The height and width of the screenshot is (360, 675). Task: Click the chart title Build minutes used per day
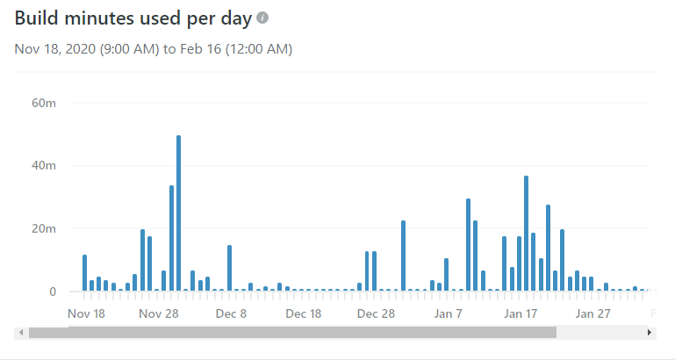pos(133,18)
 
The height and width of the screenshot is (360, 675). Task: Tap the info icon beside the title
pos(262,18)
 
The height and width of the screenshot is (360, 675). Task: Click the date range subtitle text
pos(153,49)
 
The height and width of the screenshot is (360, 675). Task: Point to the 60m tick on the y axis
pos(44,103)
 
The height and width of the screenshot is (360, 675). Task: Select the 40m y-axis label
pos(44,166)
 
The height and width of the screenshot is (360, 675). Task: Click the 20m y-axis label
pos(44,229)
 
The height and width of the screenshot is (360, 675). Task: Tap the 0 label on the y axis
pos(53,292)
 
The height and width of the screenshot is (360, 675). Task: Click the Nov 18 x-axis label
pos(86,313)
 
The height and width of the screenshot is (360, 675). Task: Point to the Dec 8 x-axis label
pos(231,313)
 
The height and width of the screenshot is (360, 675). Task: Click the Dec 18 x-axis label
pos(304,313)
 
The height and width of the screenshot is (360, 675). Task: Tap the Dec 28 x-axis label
pos(376,313)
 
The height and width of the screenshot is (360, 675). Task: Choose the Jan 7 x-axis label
pos(448,313)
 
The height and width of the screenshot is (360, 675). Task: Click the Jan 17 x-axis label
pos(521,313)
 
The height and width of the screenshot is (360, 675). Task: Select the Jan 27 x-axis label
pos(592,313)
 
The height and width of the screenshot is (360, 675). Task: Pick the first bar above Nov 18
pos(85,273)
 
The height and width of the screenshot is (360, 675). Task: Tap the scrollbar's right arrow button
pos(649,333)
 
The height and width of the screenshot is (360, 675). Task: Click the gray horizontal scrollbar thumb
pos(292,333)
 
